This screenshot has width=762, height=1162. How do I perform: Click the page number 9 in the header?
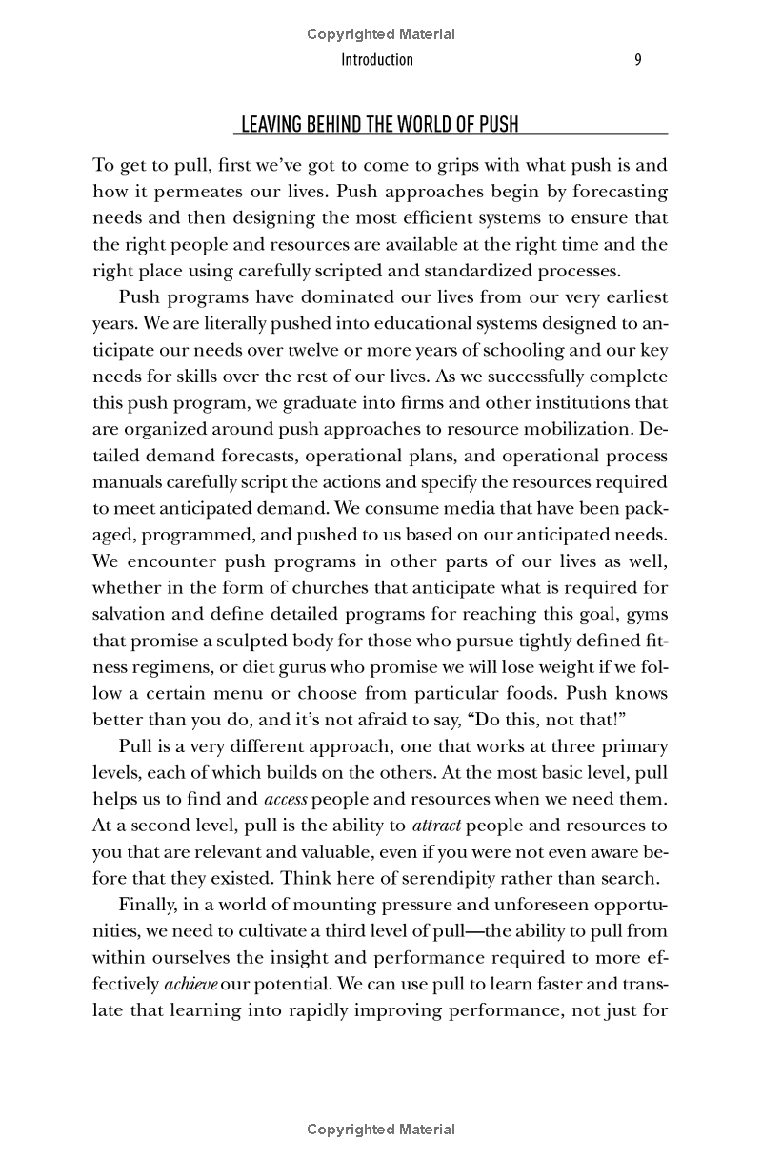click(638, 60)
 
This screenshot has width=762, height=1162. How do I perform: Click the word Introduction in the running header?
click(377, 60)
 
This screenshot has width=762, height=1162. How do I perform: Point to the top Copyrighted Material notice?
click(381, 34)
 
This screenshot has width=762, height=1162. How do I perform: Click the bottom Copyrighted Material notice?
click(381, 1130)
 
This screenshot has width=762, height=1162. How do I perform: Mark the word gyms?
click(648, 613)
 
